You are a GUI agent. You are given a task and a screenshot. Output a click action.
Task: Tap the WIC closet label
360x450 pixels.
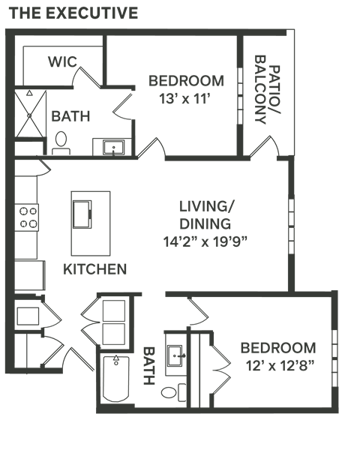[x=64, y=61]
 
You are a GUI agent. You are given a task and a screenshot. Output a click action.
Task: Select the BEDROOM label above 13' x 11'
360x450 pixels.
[x=185, y=81]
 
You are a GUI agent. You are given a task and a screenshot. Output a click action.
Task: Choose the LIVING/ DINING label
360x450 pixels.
[x=205, y=214]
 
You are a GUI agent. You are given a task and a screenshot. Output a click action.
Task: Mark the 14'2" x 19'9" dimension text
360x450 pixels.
[x=205, y=241]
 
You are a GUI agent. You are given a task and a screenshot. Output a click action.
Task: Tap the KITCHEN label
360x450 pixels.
[x=94, y=268]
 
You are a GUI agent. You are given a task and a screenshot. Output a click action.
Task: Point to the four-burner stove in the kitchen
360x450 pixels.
[x=28, y=217]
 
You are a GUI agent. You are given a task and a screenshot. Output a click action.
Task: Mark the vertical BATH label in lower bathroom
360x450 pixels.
[x=148, y=364]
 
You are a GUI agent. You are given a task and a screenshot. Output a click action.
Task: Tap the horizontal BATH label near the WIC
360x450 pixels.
[x=70, y=116]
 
